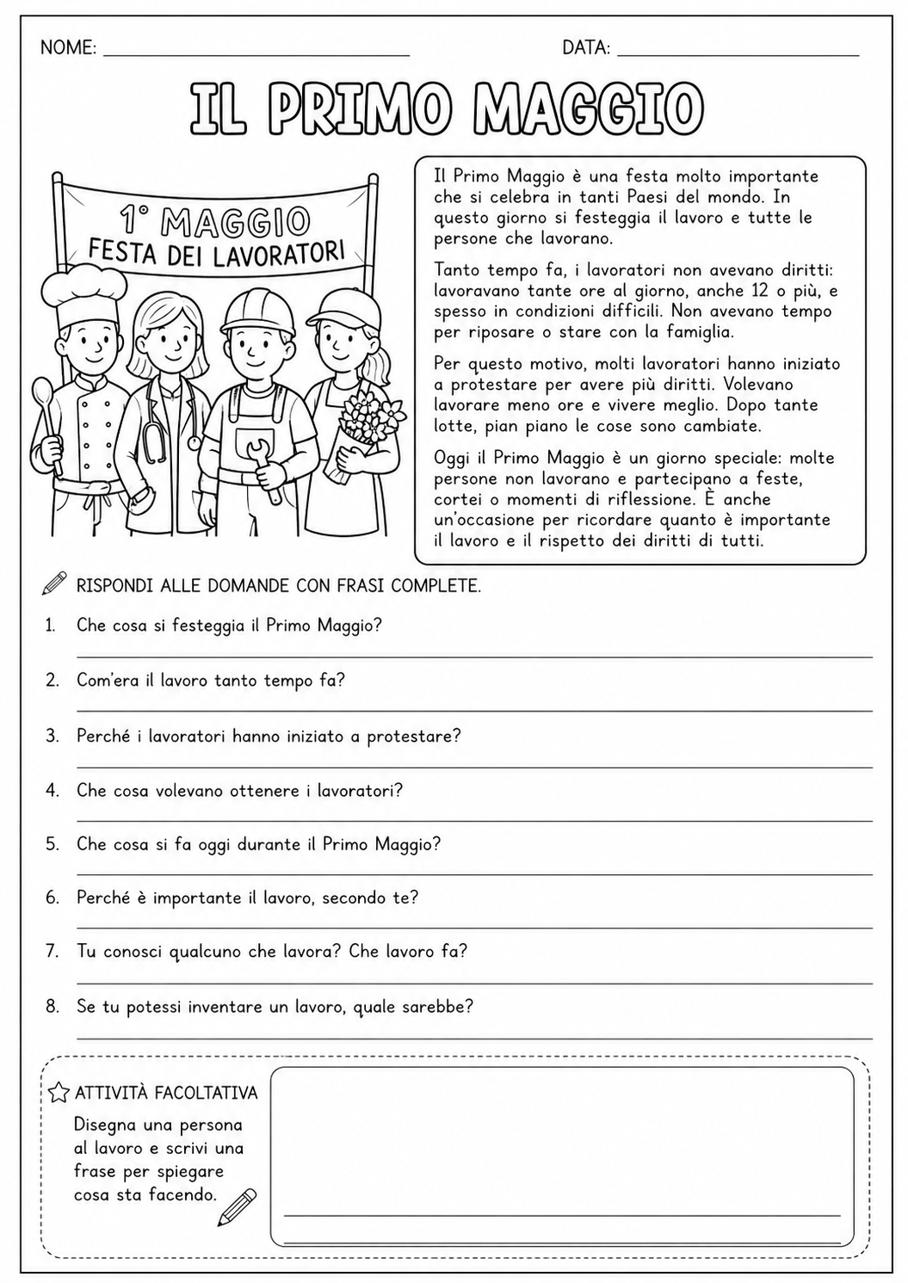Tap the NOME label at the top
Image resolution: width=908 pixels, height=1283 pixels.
tap(68, 48)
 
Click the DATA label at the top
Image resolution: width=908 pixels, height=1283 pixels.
tap(586, 48)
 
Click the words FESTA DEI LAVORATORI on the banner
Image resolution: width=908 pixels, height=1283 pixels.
tap(216, 250)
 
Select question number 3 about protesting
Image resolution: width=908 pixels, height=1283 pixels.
tap(269, 737)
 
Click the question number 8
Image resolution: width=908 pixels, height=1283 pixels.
tap(53, 1006)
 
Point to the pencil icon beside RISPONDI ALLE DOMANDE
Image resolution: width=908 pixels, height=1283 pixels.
tap(53, 583)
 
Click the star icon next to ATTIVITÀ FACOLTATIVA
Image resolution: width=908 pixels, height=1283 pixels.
tap(59, 1093)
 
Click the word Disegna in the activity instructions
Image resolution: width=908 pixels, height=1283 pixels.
tap(104, 1125)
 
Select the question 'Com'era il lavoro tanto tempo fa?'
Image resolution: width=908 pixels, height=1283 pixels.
tap(210, 681)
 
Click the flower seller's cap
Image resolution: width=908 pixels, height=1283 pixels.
tap(348, 305)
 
